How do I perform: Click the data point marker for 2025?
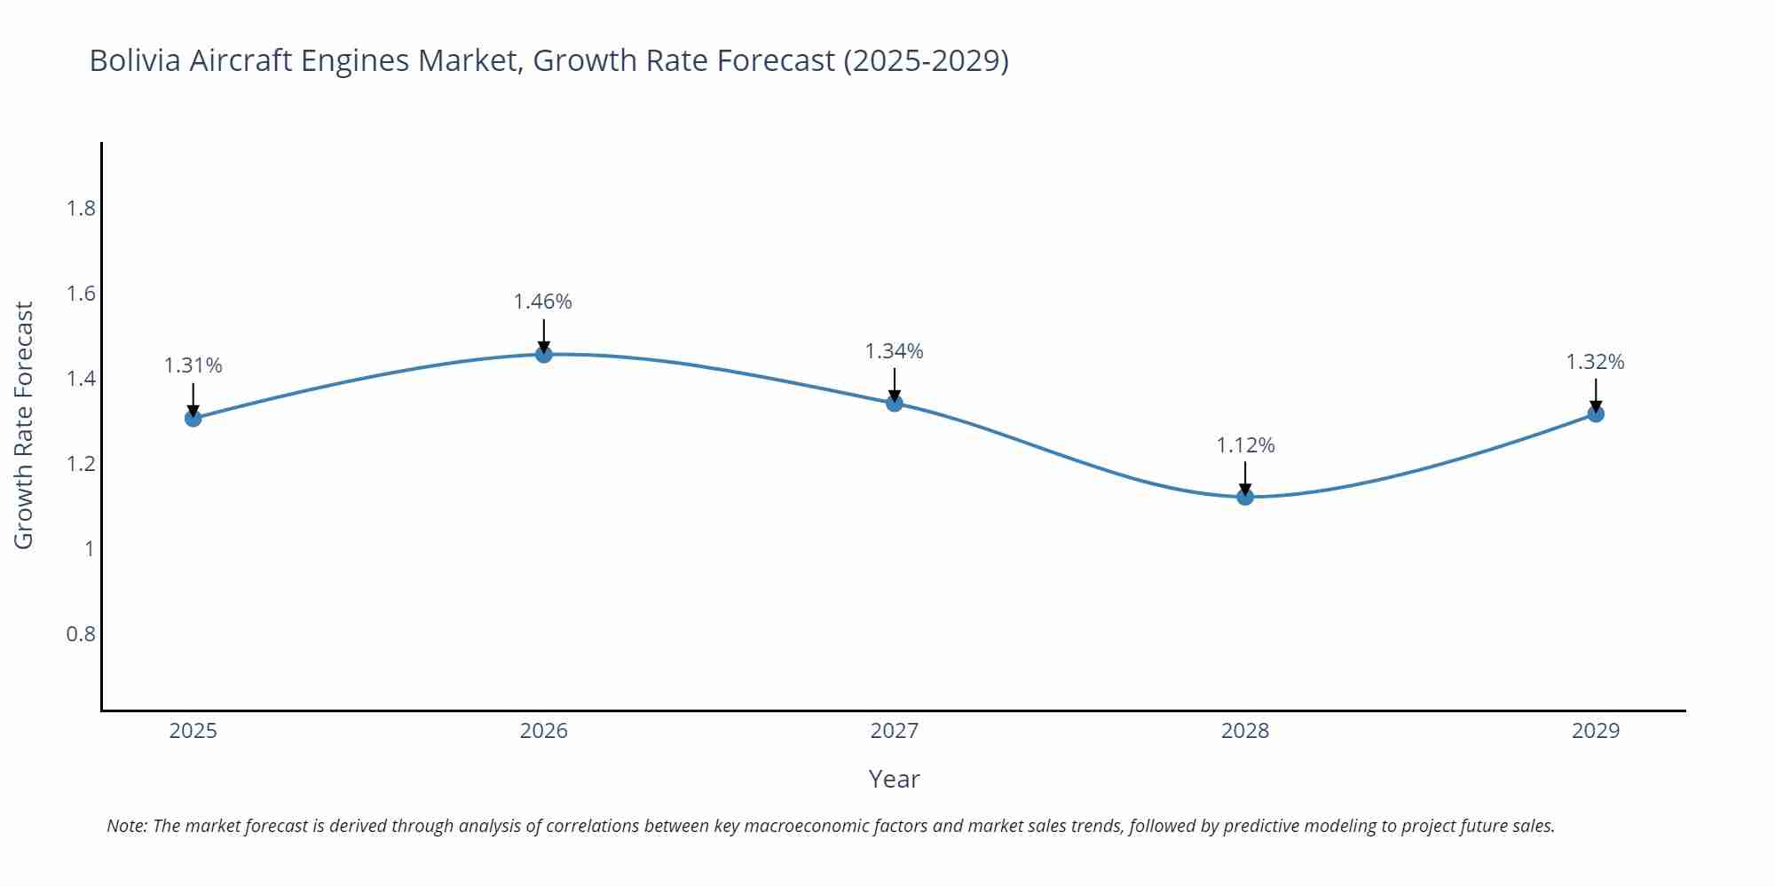(193, 418)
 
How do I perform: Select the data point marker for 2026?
(544, 354)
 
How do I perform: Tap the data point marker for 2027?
(895, 403)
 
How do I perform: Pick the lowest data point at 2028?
(1245, 497)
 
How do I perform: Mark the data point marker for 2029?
(1596, 413)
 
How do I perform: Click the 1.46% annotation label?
(543, 302)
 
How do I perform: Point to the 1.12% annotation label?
(1245, 445)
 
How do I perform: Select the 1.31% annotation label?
(193, 365)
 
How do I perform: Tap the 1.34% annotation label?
(895, 351)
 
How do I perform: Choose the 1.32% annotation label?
(1595, 362)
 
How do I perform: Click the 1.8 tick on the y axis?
(81, 208)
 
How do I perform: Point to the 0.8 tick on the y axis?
(81, 634)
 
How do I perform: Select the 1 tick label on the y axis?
(89, 549)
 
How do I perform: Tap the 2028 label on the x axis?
(1245, 731)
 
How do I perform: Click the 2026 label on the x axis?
(544, 731)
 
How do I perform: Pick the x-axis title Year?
(894, 779)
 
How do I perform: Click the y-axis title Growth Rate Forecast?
(24, 425)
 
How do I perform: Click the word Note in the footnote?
(127, 826)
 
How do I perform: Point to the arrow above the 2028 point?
(1245, 477)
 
